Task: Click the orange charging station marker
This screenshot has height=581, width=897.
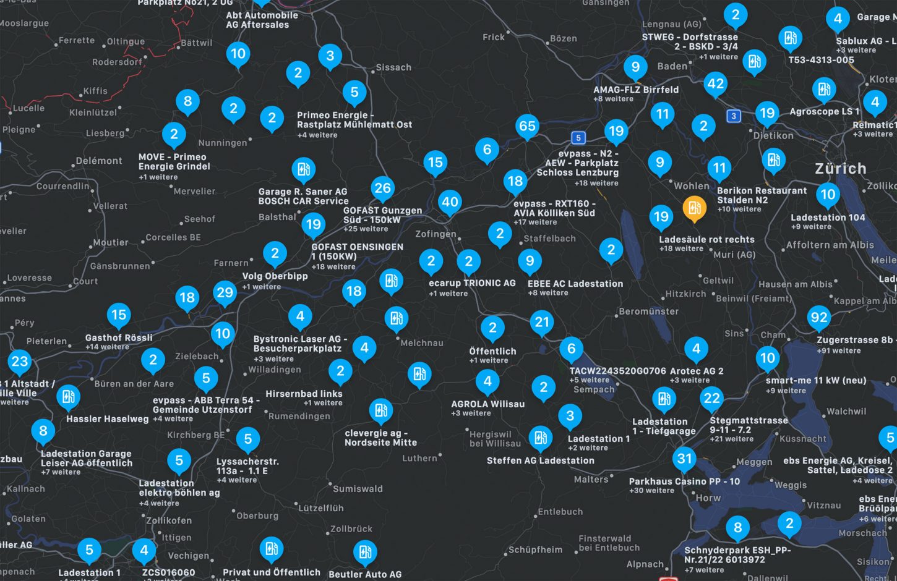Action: click(x=694, y=208)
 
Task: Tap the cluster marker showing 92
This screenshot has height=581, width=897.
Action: click(x=818, y=318)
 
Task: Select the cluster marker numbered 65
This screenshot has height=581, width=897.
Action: click(x=527, y=127)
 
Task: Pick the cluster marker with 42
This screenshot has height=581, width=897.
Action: click(x=715, y=84)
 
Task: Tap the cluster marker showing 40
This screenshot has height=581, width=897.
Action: click(x=450, y=202)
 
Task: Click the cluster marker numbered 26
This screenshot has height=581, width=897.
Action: click(x=383, y=188)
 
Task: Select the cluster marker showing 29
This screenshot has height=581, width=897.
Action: click(x=225, y=292)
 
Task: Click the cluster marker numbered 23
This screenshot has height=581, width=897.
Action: click(x=20, y=362)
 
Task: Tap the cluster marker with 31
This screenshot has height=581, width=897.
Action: click(x=684, y=459)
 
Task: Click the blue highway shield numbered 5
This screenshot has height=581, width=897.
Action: click(x=578, y=138)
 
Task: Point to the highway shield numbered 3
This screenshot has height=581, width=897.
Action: click(x=734, y=116)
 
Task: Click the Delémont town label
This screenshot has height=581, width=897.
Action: click(x=99, y=161)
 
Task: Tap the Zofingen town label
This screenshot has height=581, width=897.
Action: click(x=436, y=234)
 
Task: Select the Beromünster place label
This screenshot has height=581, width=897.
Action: click(x=649, y=312)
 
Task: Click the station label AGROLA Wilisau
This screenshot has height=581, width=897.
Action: click(x=487, y=404)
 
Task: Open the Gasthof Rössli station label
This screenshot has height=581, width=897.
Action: click(x=119, y=338)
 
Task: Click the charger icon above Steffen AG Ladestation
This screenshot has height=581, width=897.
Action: click(x=540, y=438)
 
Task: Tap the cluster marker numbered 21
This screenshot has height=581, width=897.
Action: click(x=542, y=322)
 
